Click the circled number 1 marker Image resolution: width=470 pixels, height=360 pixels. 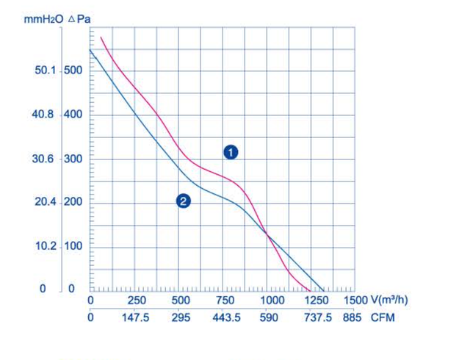tap(231, 152)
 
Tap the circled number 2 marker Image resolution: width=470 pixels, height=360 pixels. tap(184, 200)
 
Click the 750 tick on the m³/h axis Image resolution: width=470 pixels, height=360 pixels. tap(226, 301)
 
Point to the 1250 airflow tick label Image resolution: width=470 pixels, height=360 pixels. tap(317, 301)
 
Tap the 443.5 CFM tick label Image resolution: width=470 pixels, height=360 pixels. tap(226, 318)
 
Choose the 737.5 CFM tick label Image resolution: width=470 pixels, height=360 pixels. tap(317, 318)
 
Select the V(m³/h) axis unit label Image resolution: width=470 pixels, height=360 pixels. tap(390, 300)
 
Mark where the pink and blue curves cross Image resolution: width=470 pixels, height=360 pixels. tap(268, 235)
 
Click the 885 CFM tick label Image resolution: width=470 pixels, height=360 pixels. tap(352, 318)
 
